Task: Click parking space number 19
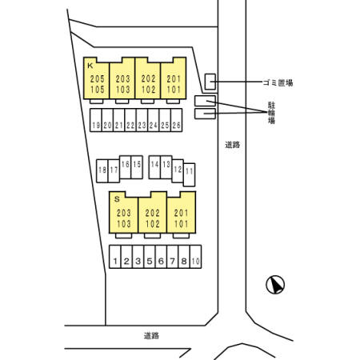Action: click(96, 120)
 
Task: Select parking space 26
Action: click(177, 120)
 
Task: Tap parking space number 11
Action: click(190, 174)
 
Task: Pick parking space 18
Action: click(102, 171)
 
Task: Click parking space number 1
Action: click(115, 257)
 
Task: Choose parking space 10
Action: click(196, 257)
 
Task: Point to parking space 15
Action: click(137, 167)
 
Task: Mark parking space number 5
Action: click(150, 257)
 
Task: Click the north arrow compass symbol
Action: click(275, 285)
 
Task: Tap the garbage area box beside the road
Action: click(210, 82)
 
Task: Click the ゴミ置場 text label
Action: click(278, 83)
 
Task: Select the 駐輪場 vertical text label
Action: click(271, 113)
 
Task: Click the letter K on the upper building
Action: click(90, 66)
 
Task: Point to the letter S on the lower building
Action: click(117, 199)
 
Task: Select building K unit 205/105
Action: click(96, 78)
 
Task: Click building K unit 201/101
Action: click(174, 78)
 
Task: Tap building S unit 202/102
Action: click(153, 213)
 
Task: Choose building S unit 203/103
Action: click(124, 213)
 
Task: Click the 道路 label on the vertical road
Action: click(233, 145)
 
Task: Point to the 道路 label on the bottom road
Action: click(151, 336)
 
